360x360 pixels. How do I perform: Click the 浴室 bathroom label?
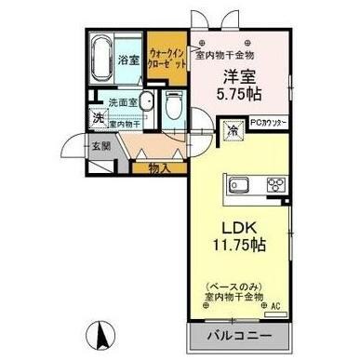(128, 60)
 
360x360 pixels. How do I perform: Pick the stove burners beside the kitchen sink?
(274, 182)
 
